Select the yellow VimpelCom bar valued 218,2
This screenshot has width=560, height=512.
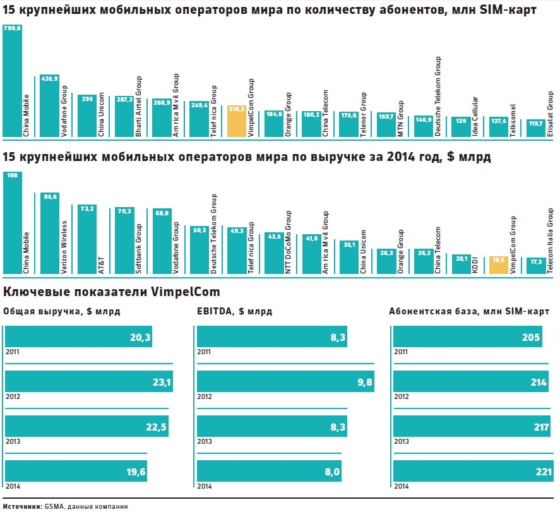[x=237, y=121]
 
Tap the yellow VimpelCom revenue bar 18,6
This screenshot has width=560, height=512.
[x=498, y=265]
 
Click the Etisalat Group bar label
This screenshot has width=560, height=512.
[x=550, y=114]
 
